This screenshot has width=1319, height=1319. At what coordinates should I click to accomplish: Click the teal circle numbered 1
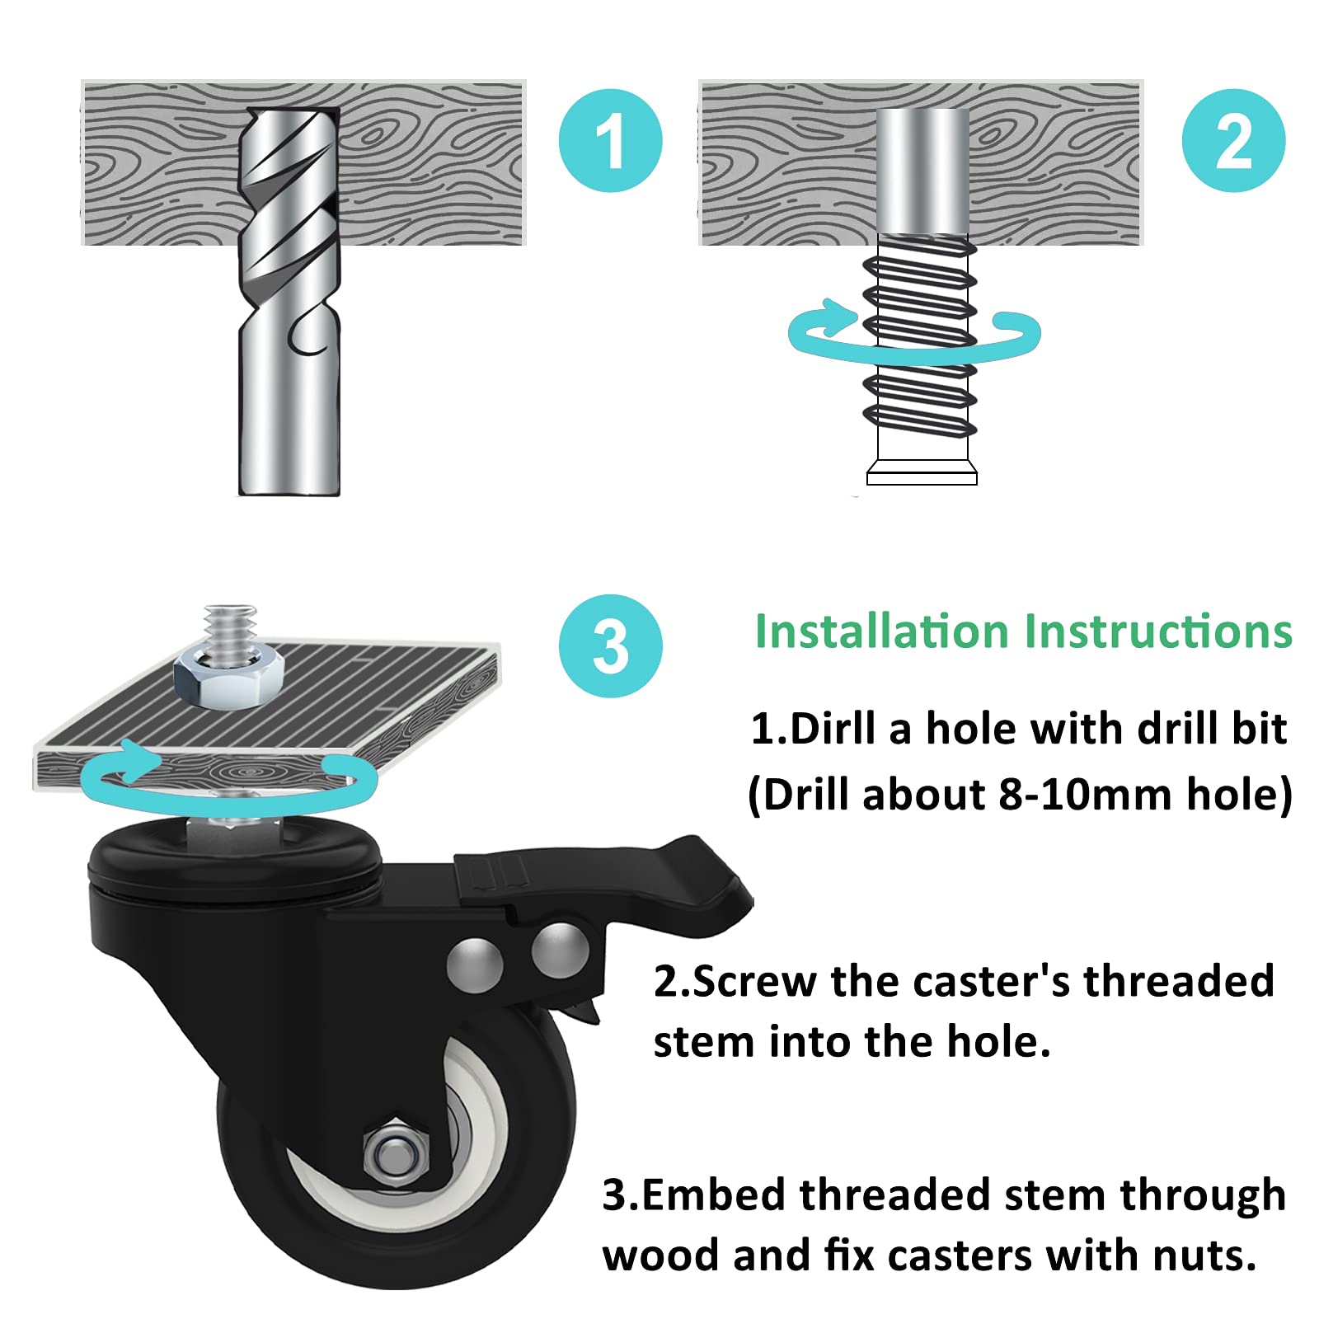tap(610, 141)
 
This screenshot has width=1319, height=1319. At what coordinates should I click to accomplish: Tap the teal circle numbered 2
tap(1232, 141)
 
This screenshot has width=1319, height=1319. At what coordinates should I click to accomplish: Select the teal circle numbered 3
tap(610, 646)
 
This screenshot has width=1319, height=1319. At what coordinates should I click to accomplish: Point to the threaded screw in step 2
tap(921, 346)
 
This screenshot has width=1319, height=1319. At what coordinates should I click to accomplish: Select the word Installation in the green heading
tap(881, 632)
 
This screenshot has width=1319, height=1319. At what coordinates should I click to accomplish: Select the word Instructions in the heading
tap(1158, 632)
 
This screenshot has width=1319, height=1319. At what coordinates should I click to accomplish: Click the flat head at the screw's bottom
tap(922, 477)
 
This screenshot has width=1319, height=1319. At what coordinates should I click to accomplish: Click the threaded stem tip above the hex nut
tap(231, 625)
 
